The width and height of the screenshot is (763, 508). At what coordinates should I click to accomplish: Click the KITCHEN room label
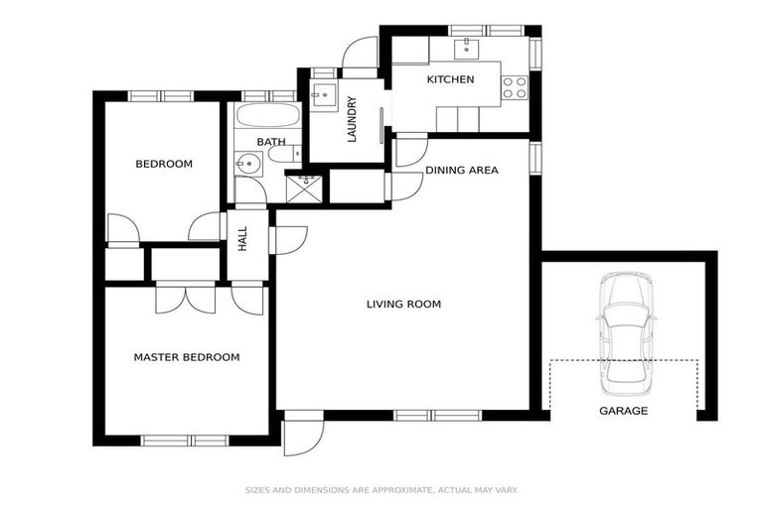(450, 79)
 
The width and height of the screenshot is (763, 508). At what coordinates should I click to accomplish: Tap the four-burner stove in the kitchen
(515, 87)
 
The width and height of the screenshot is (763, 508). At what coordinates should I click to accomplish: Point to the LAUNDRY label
(352, 119)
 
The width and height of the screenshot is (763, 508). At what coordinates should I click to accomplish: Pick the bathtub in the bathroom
(267, 116)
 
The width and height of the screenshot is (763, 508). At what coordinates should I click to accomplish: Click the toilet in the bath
(280, 154)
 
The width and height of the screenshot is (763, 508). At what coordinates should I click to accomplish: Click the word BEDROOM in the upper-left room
(164, 164)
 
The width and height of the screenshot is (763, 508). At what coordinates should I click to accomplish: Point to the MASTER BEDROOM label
(187, 357)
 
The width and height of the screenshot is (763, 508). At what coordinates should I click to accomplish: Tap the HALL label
(242, 239)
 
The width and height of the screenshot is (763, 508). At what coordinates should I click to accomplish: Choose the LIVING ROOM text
(403, 305)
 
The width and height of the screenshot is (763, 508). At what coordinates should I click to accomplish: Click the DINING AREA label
(462, 171)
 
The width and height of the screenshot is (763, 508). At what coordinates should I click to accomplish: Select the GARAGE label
(623, 411)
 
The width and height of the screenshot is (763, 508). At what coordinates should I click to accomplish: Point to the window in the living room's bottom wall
(437, 415)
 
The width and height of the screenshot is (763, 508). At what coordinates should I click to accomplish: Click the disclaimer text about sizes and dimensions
(381, 490)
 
